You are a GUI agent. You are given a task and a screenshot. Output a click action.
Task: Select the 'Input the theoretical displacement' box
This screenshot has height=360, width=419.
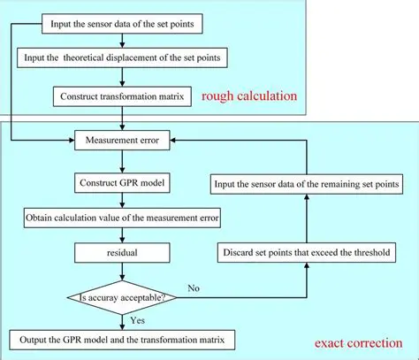[115, 57]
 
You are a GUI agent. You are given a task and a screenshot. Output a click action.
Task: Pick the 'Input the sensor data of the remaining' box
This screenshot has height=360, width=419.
[306, 184]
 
